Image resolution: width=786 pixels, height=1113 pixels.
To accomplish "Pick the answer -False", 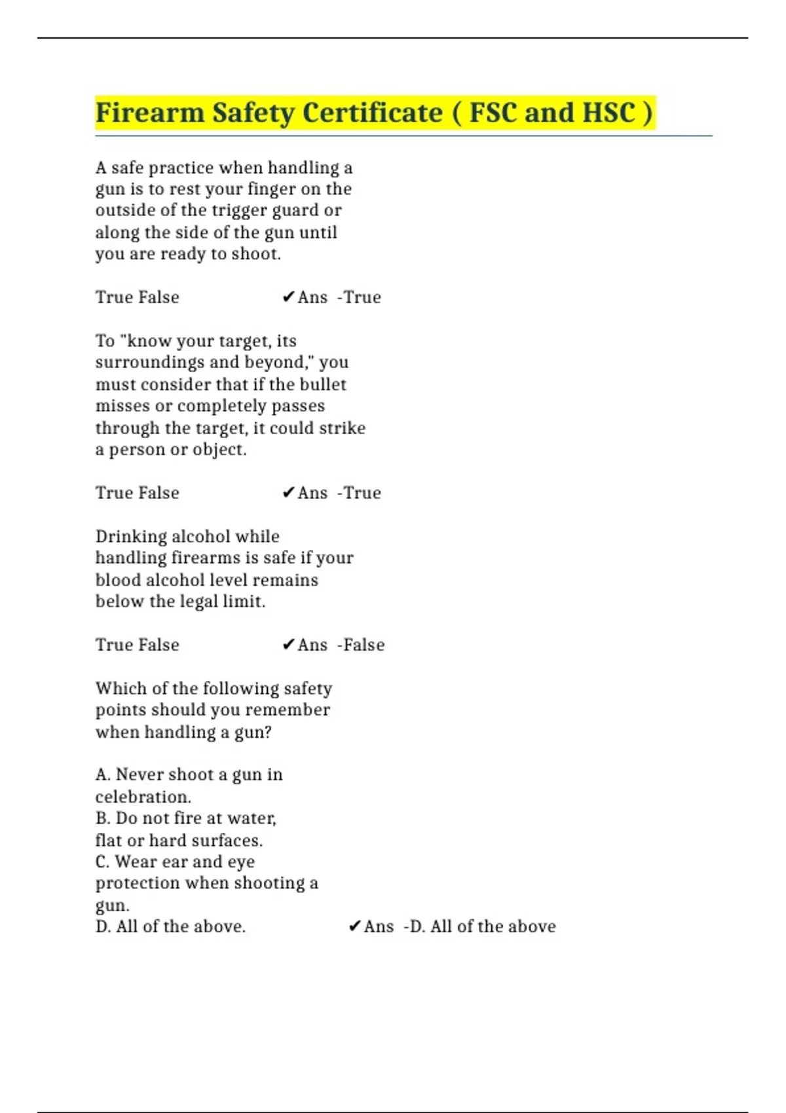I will click(361, 645).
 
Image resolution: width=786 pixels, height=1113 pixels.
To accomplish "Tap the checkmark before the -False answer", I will click(288, 645).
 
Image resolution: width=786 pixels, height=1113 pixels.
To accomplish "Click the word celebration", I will click(143, 797).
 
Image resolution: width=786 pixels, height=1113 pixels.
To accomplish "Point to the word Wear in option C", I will click(136, 862).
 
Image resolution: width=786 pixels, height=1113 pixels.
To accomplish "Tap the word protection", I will click(138, 884).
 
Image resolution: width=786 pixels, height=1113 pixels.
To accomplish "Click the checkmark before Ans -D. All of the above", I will click(354, 926).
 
